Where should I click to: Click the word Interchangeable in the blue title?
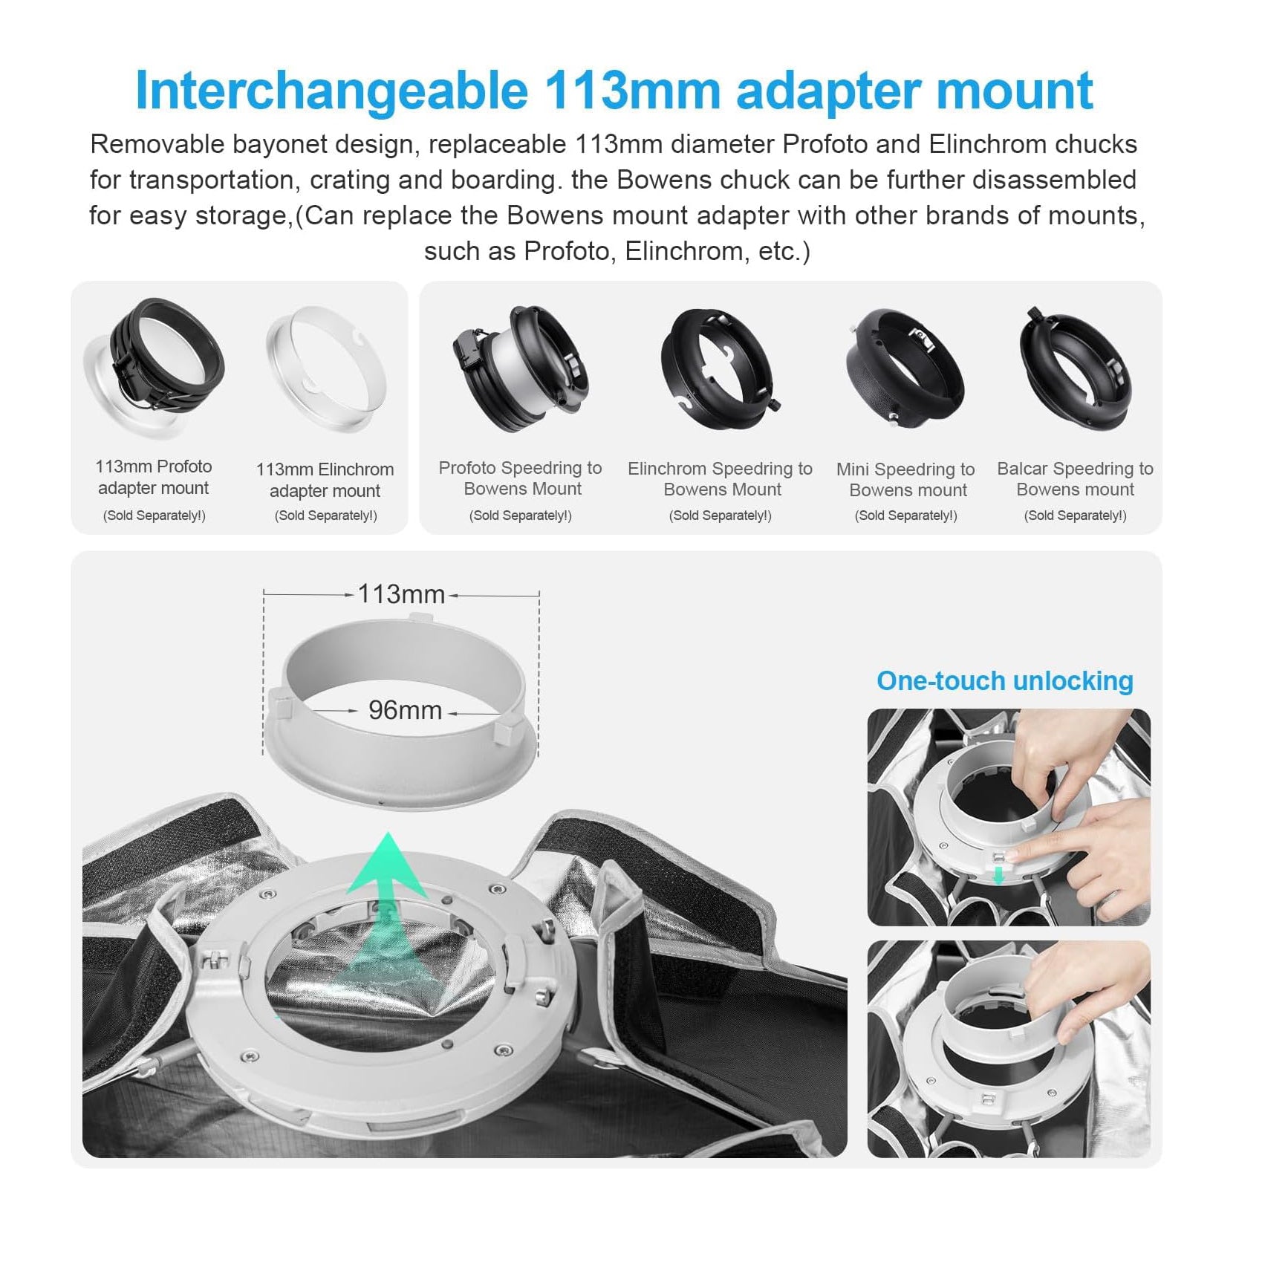(x=331, y=91)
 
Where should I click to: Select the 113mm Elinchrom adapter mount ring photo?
(x=327, y=367)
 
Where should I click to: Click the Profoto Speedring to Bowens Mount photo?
(x=520, y=368)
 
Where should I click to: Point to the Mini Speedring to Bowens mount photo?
(x=905, y=368)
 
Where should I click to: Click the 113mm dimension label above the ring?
(x=401, y=594)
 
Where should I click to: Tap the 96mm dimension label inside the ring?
(x=405, y=711)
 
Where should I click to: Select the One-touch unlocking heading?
(x=1004, y=681)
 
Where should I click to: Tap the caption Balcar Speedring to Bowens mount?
(x=1075, y=479)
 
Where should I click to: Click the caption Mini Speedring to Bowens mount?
(x=905, y=480)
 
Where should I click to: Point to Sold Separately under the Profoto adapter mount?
(x=154, y=516)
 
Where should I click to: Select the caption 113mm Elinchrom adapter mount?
(x=325, y=480)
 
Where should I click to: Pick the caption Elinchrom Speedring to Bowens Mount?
(x=720, y=479)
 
